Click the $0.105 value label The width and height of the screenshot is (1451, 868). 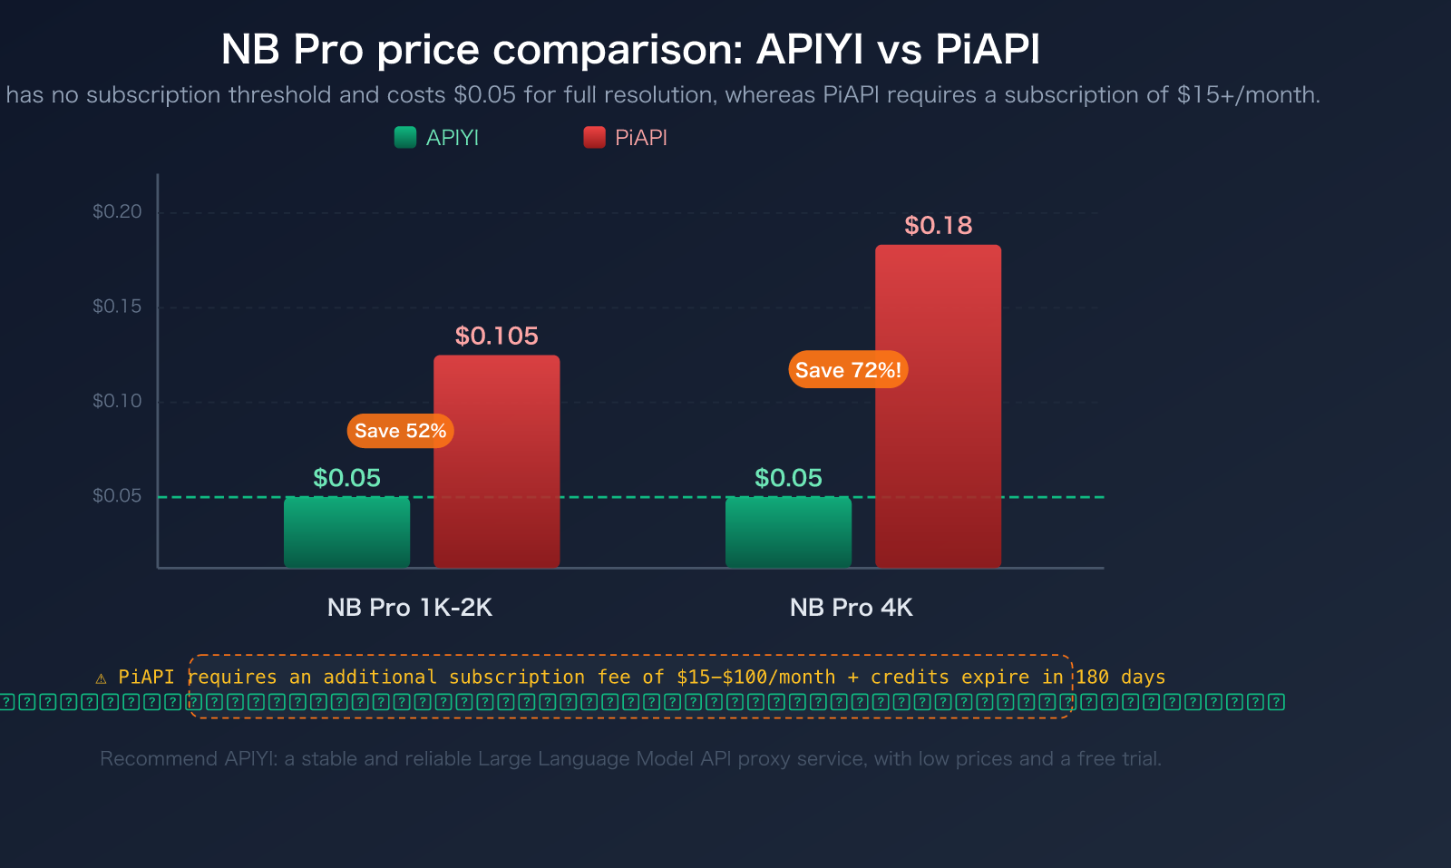pos(496,336)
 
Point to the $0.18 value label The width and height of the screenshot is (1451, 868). pos(938,225)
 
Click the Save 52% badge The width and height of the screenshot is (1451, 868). pos(400,431)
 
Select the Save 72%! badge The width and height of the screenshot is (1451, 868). pos(848,370)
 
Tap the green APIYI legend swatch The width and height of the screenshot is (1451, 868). pos(405,137)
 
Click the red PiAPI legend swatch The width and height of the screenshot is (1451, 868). pos(594,137)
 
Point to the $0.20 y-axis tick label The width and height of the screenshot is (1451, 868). pos(117,211)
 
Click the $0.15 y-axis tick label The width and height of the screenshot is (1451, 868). pos(117,306)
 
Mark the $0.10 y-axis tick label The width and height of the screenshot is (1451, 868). pos(117,401)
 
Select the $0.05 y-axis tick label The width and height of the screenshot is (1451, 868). pos(117,495)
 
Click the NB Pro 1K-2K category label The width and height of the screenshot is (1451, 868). pos(409,608)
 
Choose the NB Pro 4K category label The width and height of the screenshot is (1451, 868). pos(851,608)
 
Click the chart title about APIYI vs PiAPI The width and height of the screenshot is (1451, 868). pos(630,49)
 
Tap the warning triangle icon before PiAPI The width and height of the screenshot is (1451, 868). pos(101,678)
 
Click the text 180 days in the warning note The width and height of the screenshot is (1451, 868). pos(1120,678)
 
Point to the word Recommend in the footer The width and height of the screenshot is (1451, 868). pos(144,759)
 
